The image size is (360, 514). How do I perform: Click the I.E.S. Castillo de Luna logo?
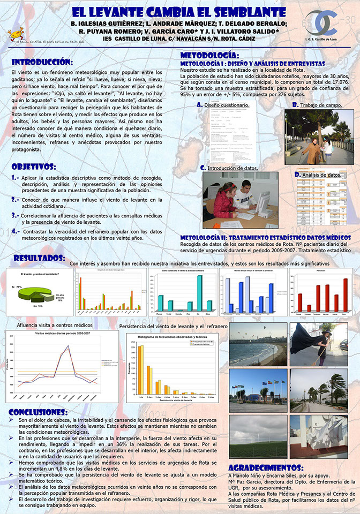326,24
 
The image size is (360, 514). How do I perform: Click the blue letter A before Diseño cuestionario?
199,105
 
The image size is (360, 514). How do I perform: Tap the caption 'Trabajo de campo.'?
321,105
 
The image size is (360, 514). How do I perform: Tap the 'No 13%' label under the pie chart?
37,306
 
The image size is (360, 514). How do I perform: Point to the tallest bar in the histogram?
140,369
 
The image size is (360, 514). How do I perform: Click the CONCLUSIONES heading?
39,412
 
